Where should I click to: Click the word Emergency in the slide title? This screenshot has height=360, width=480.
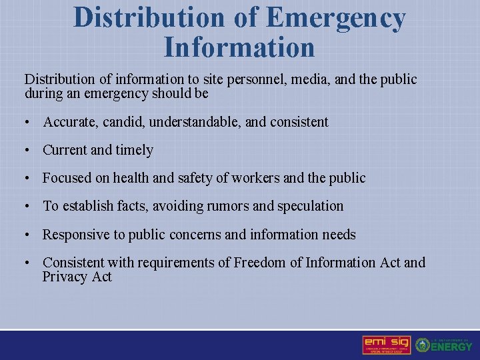point(335,18)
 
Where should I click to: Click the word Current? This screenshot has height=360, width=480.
point(65,150)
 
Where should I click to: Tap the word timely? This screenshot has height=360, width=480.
point(135,150)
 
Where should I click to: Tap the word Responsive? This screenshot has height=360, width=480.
point(77,235)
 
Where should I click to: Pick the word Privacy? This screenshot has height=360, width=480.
point(65,277)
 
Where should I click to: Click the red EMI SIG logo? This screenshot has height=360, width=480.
point(387,345)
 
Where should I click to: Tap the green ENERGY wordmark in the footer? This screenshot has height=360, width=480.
point(452,347)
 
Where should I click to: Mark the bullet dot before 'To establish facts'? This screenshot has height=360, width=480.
point(27,207)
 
